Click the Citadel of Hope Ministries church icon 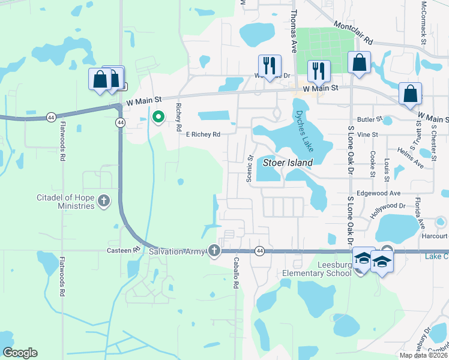pos(104,200)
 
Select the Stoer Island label pos(288,163)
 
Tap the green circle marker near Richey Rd pos(158,117)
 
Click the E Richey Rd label pos(203,134)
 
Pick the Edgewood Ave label pos(378,193)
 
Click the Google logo pos(20,353)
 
